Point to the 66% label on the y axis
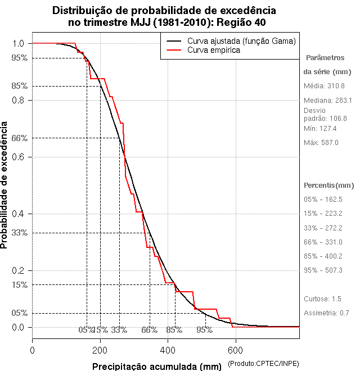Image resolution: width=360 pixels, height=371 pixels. [20, 138]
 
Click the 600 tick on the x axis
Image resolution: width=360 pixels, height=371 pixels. [235, 350]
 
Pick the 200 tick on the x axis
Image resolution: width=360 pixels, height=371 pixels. [100, 350]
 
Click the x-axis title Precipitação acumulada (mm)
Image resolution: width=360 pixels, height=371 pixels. [157, 367]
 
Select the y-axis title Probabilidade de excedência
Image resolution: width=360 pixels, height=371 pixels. [5, 185]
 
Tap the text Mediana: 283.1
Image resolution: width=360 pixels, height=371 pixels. [327, 100]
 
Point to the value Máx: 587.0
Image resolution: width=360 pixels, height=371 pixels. [321, 143]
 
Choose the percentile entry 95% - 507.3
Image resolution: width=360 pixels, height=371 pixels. [323, 270]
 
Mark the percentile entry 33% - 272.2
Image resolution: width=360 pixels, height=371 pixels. [323, 228]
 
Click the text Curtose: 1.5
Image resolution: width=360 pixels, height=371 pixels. [322, 298]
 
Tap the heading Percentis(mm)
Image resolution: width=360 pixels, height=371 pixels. [329, 185]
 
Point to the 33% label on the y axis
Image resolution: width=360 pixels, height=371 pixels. [20, 232]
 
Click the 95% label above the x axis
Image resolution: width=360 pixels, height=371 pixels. [204, 330]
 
